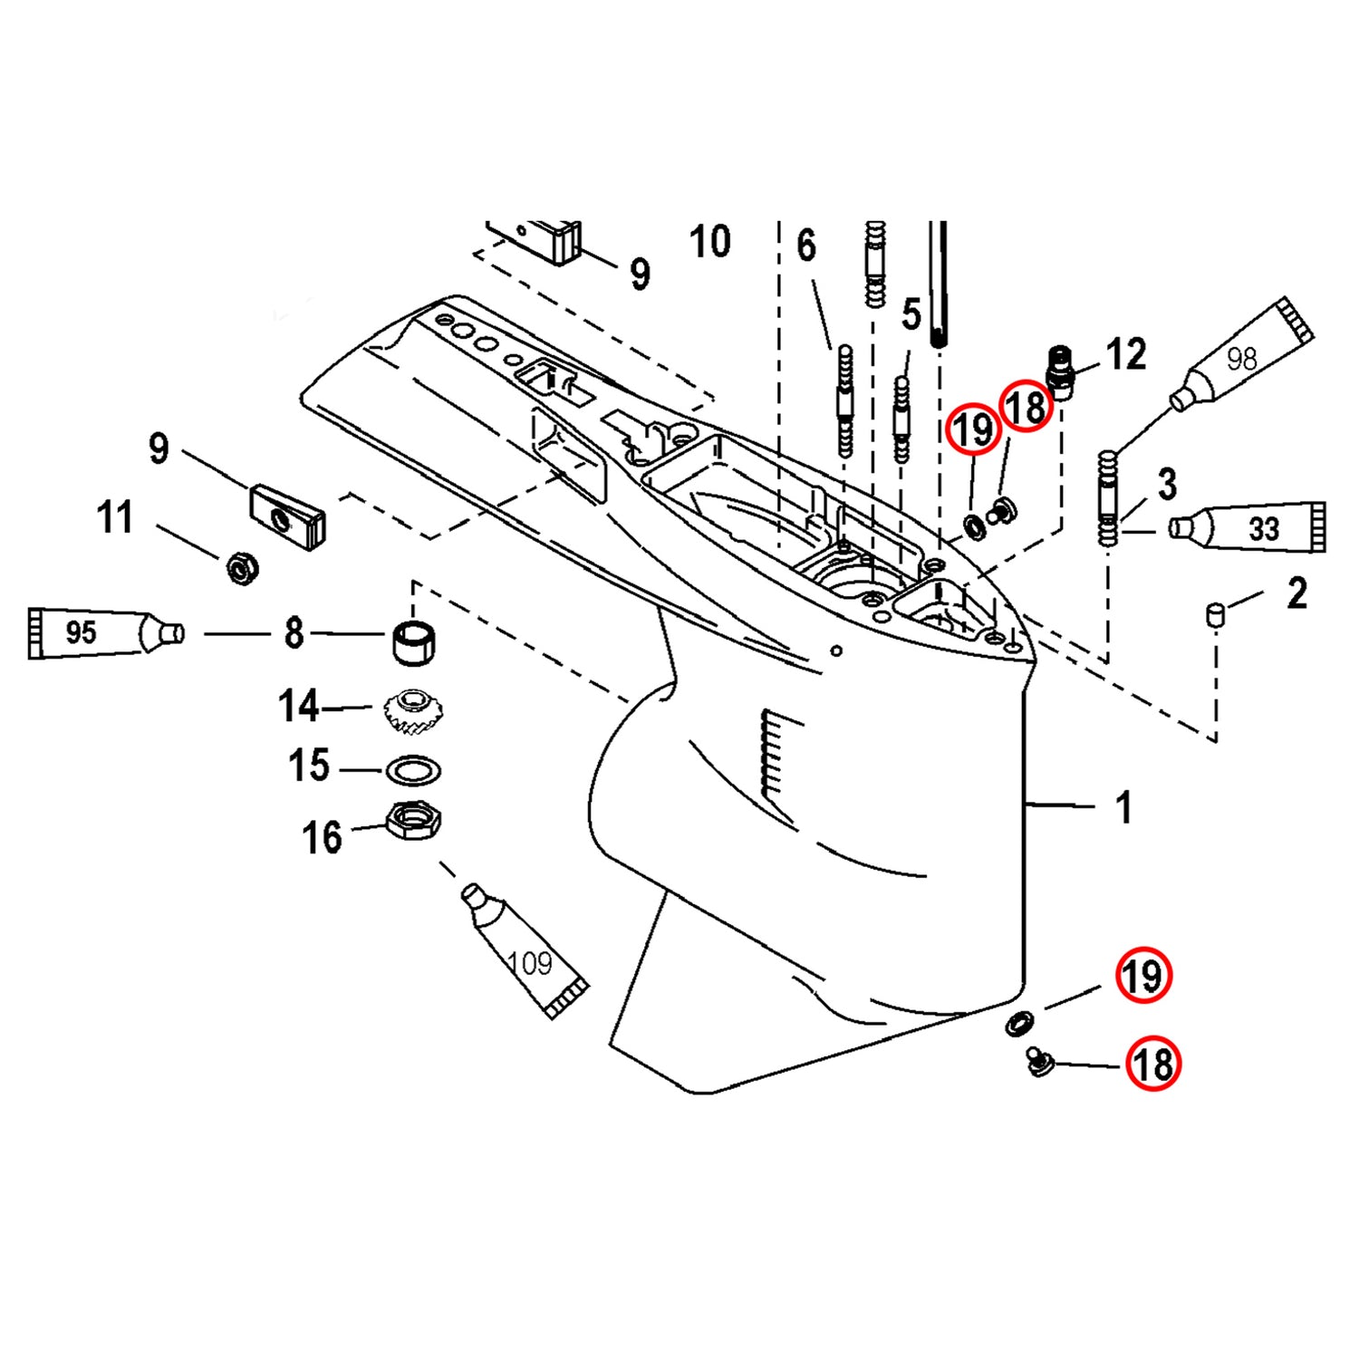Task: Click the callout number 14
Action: coord(298,707)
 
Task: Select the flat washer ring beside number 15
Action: coord(413,771)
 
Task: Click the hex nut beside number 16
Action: coord(413,820)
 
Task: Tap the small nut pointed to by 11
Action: coord(242,568)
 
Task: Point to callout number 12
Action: coord(1126,354)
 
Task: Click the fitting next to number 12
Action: coord(1060,371)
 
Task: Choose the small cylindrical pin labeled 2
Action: coord(1214,615)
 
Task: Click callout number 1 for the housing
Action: coord(1123,807)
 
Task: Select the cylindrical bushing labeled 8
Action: coord(415,641)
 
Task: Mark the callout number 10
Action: coord(709,242)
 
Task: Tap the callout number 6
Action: coord(805,246)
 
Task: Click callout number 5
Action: coord(911,314)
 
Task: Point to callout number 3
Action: coord(1167,484)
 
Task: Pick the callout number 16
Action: coord(322,838)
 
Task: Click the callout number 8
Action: coord(294,633)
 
